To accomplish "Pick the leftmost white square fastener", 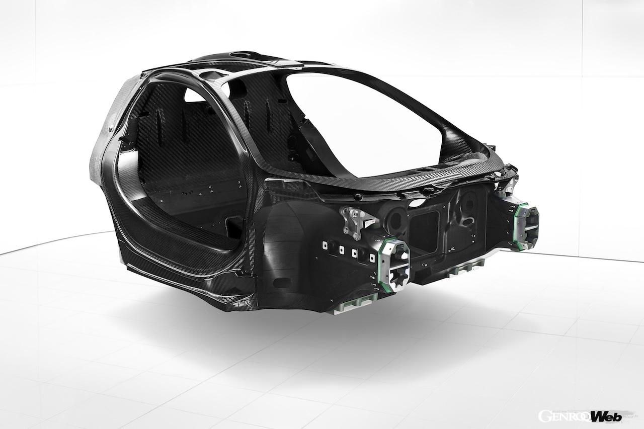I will point(326,245).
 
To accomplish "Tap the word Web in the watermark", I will point(606,416).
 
